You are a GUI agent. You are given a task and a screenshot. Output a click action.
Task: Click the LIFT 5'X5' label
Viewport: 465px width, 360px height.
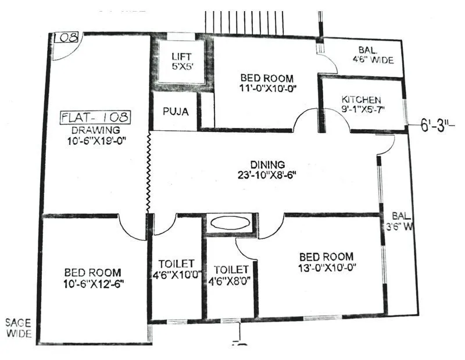[178, 62]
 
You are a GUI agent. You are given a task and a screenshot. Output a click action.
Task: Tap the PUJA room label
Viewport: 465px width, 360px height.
[176, 111]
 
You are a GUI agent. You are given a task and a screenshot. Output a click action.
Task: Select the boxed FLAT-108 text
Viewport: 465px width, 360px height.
[96, 117]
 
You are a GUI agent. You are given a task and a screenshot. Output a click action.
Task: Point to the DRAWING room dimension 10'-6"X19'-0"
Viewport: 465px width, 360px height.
[96, 140]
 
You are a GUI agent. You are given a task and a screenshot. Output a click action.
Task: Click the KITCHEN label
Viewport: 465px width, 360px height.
[362, 99]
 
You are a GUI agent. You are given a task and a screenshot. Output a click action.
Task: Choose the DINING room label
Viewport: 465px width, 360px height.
[267, 165]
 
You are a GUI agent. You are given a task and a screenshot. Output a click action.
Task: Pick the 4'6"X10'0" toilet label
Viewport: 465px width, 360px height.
[176, 274]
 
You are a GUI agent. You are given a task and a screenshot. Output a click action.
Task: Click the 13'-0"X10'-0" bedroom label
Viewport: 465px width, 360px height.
[326, 268]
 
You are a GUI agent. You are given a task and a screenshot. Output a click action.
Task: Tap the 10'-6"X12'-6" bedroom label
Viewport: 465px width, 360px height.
[93, 283]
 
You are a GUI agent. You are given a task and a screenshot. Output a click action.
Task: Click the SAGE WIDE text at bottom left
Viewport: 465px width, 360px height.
[19, 328]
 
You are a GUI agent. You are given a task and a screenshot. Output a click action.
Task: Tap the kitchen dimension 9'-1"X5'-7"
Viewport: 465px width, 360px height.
[362, 109]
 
